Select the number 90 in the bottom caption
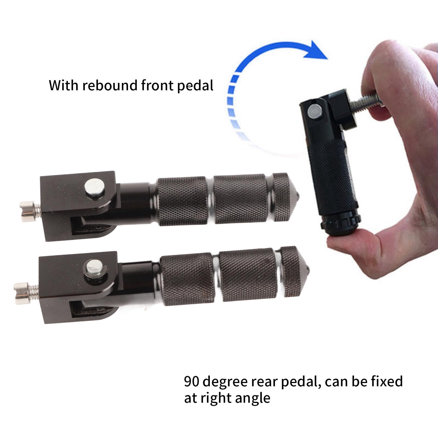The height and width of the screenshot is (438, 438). pyautogui.click(x=191, y=381)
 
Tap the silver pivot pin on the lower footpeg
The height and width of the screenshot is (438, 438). pyautogui.click(x=94, y=267)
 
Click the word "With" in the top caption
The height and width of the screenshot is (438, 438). pyautogui.click(x=64, y=85)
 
